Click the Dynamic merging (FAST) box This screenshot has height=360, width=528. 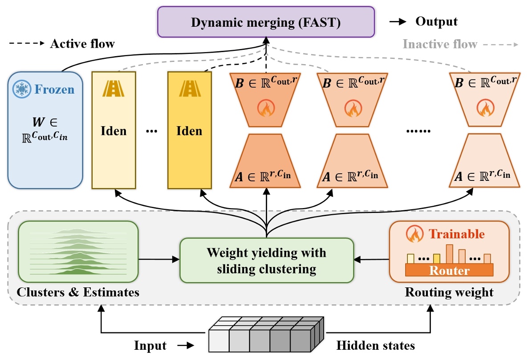(266, 22)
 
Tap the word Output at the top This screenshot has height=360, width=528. (436, 21)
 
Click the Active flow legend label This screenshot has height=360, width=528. (82, 44)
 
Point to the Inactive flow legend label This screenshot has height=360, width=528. (439, 44)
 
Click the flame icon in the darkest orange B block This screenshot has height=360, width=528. (267, 109)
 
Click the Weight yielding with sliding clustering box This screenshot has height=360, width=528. (266, 261)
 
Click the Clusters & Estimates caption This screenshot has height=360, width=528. (78, 293)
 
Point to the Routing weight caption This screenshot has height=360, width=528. (449, 293)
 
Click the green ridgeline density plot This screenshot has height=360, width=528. (78, 252)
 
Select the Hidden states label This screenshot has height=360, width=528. (375, 345)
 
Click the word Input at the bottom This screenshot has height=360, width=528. (150, 346)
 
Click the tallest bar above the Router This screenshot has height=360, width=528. (449, 254)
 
